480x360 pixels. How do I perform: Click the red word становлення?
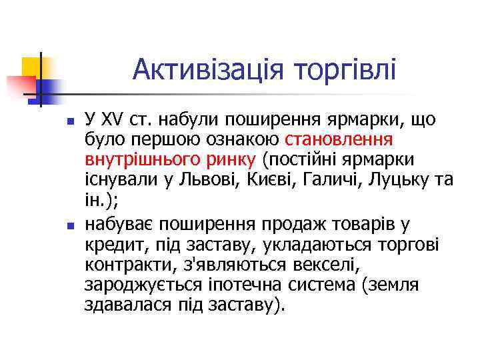(x=339, y=141)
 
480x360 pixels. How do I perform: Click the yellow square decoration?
(x=32, y=67)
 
